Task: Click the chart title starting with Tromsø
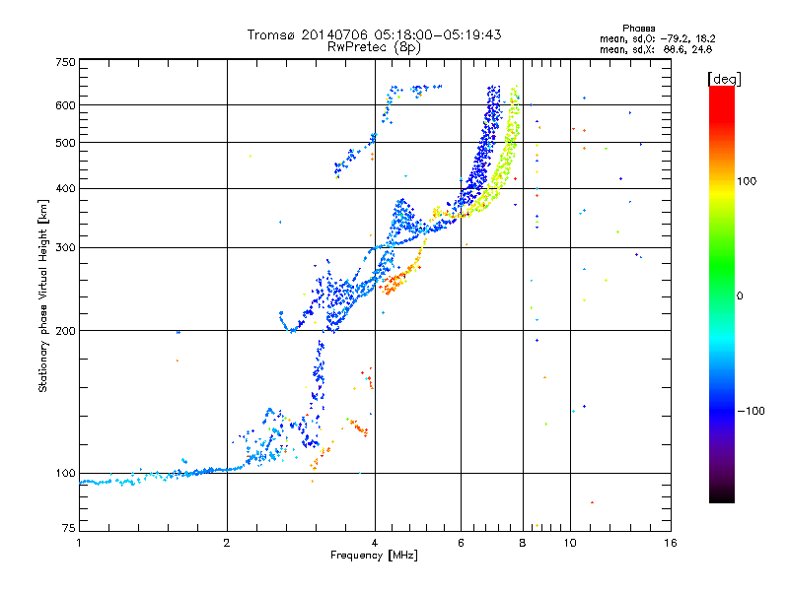coord(374,34)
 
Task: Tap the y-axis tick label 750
coord(65,62)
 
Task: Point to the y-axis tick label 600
coord(65,105)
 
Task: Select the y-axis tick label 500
coord(65,143)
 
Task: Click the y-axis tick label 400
coord(65,188)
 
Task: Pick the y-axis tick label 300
coord(65,247)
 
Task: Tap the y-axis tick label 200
coord(65,331)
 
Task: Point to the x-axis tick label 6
coord(461,543)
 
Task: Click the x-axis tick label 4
coord(375,543)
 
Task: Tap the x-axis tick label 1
coord(80,543)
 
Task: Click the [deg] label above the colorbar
coord(725,78)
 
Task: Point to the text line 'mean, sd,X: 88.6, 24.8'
coord(657,48)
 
